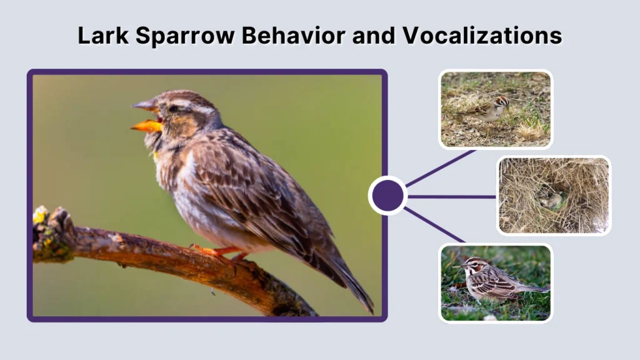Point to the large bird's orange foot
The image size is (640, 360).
[x=212, y=251]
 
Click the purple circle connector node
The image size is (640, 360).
[x=387, y=196]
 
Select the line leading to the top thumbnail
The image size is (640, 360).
[x=441, y=167]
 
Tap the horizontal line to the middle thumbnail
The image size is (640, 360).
[x=451, y=196]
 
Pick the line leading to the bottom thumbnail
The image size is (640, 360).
[x=435, y=225]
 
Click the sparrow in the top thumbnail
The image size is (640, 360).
[x=489, y=109]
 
